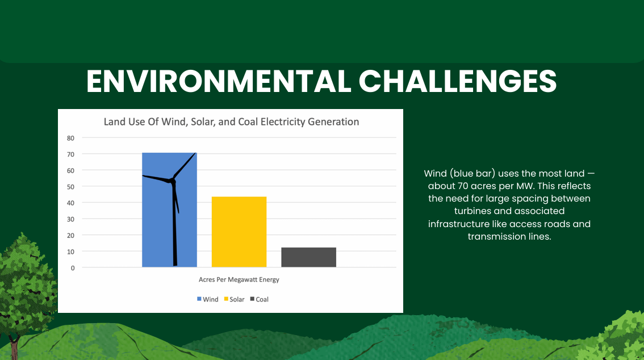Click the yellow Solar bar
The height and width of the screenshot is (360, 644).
[239, 232]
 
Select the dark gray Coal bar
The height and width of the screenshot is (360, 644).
[309, 257]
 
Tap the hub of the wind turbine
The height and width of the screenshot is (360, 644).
[173, 180]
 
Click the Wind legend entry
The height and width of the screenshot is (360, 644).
[208, 299]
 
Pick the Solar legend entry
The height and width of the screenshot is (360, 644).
[234, 299]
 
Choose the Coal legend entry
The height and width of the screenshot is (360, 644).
[260, 299]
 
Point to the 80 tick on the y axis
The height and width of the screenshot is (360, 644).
[70, 139]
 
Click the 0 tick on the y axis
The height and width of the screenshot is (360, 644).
[73, 268]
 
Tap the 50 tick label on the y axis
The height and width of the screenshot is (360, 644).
[70, 187]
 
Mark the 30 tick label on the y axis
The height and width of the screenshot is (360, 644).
[70, 219]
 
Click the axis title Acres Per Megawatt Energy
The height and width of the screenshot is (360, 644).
[239, 279]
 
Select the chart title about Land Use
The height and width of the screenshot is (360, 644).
[231, 122]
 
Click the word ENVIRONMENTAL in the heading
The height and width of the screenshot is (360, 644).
[219, 81]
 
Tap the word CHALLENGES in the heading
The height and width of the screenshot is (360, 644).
[458, 81]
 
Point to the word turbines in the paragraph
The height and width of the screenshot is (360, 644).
[472, 211]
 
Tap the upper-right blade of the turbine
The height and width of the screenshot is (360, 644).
[185, 165]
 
